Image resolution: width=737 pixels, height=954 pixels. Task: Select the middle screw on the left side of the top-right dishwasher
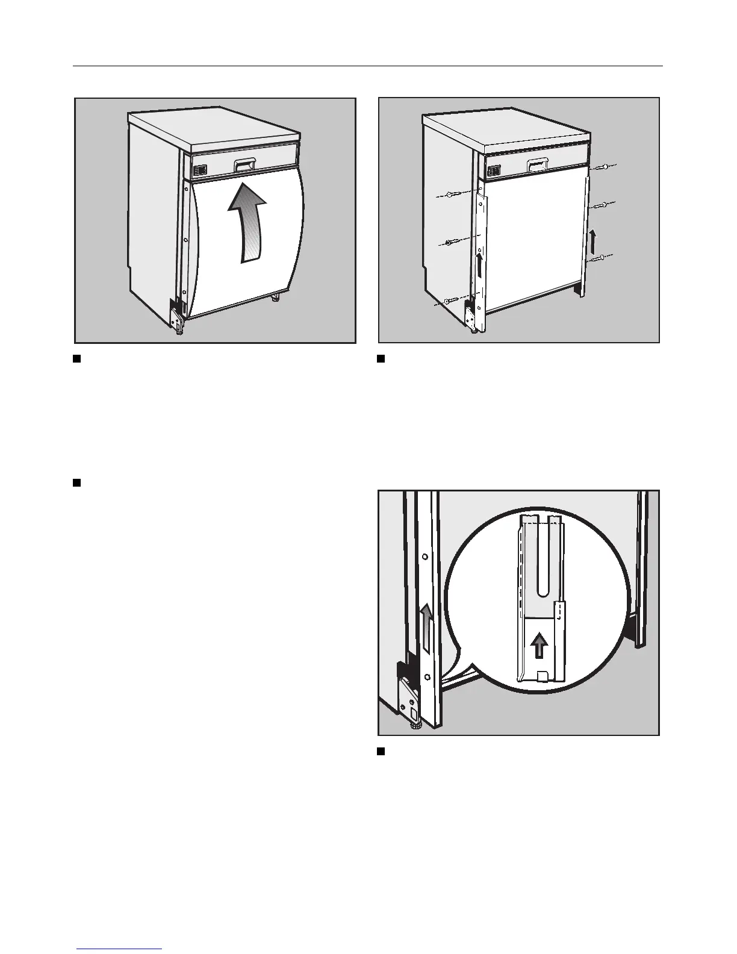pos(451,243)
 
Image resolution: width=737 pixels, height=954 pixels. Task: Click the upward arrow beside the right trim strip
pos(594,241)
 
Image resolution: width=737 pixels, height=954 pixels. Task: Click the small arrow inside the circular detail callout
pos(540,647)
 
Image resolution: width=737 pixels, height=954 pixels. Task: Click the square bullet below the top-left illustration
pos(76,360)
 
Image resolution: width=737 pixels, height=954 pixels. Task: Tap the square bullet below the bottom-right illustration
pos(381,751)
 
